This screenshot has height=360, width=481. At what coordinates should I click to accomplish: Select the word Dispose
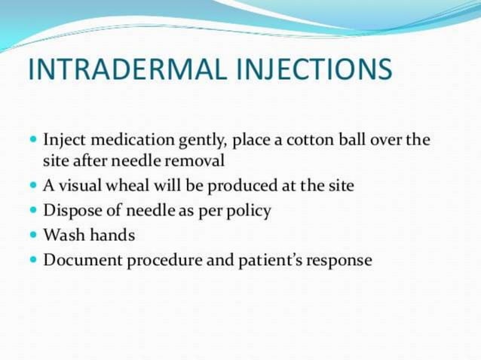point(69,211)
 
